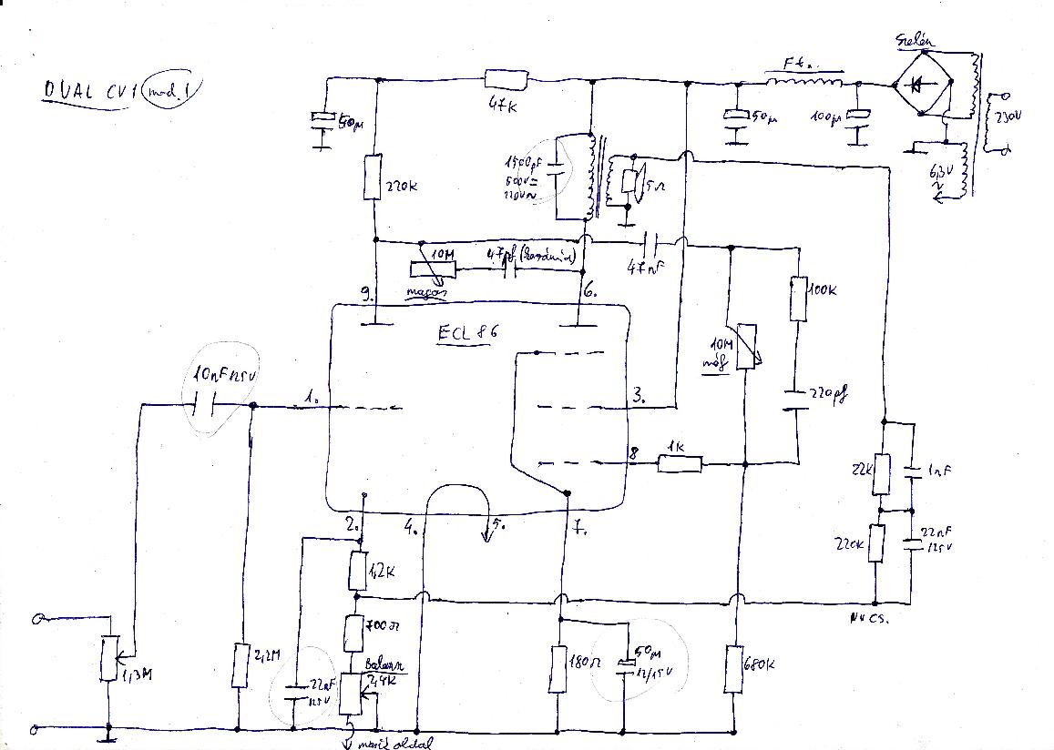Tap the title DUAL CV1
pos(82,91)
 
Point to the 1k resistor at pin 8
pos(680,464)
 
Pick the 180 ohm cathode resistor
pos(560,669)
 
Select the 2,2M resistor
pos(240,664)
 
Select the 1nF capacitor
pos(912,472)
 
